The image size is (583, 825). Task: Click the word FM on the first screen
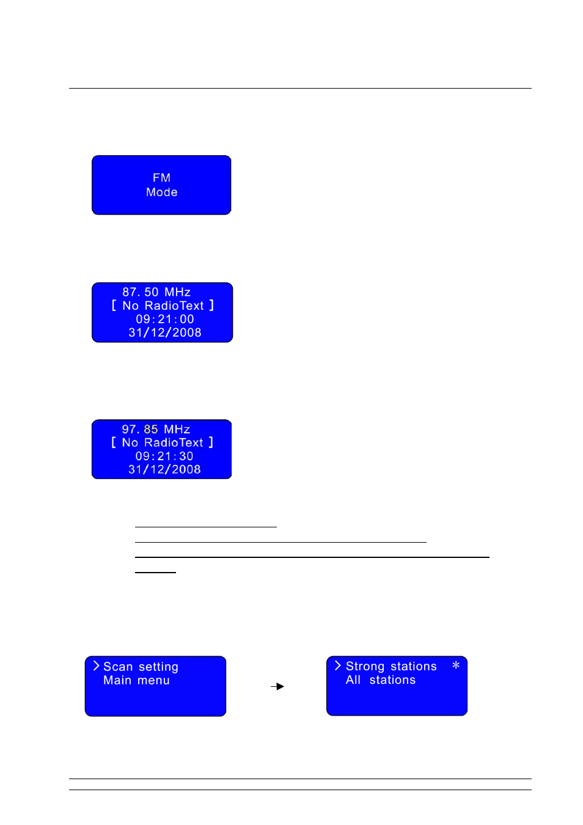(x=161, y=178)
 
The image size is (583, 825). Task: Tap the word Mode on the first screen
(x=162, y=193)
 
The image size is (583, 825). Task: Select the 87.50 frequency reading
(x=141, y=292)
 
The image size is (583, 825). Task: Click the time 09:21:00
(x=164, y=319)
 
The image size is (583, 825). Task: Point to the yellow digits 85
(x=150, y=429)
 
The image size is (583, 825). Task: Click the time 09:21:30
(x=164, y=456)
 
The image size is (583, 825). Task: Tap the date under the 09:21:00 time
(x=164, y=332)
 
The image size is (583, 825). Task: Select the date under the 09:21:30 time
(x=164, y=469)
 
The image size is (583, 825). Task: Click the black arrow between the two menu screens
(x=277, y=686)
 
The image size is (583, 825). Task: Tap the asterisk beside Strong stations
(x=455, y=665)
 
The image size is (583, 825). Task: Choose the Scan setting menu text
(x=141, y=667)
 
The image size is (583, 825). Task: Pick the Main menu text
(x=136, y=680)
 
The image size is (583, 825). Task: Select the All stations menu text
(x=381, y=680)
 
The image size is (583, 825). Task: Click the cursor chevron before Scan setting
(x=96, y=665)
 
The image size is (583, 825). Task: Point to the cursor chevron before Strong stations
(x=338, y=665)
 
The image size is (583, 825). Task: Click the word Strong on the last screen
(x=365, y=666)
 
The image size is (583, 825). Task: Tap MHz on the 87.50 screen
(x=177, y=292)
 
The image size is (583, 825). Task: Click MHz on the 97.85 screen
(x=177, y=429)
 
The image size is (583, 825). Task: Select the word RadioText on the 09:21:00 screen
(x=174, y=306)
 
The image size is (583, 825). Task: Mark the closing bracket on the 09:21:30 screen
(x=211, y=442)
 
